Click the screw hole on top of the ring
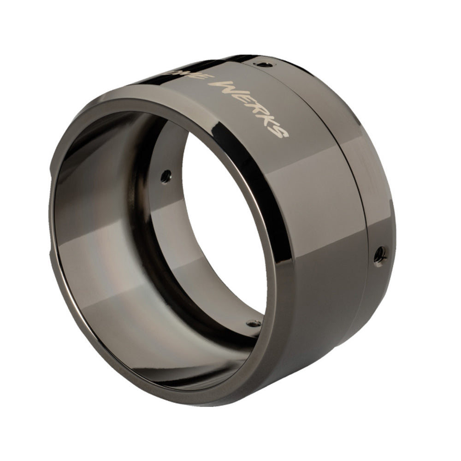pyautogui.click(x=262, y=64)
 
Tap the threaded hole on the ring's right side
pyautogui.click(x=380, y=252)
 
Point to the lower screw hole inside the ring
pyautogui.click(x=252, y=324)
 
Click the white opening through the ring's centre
pyautogui.click(x=221, y=230)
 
